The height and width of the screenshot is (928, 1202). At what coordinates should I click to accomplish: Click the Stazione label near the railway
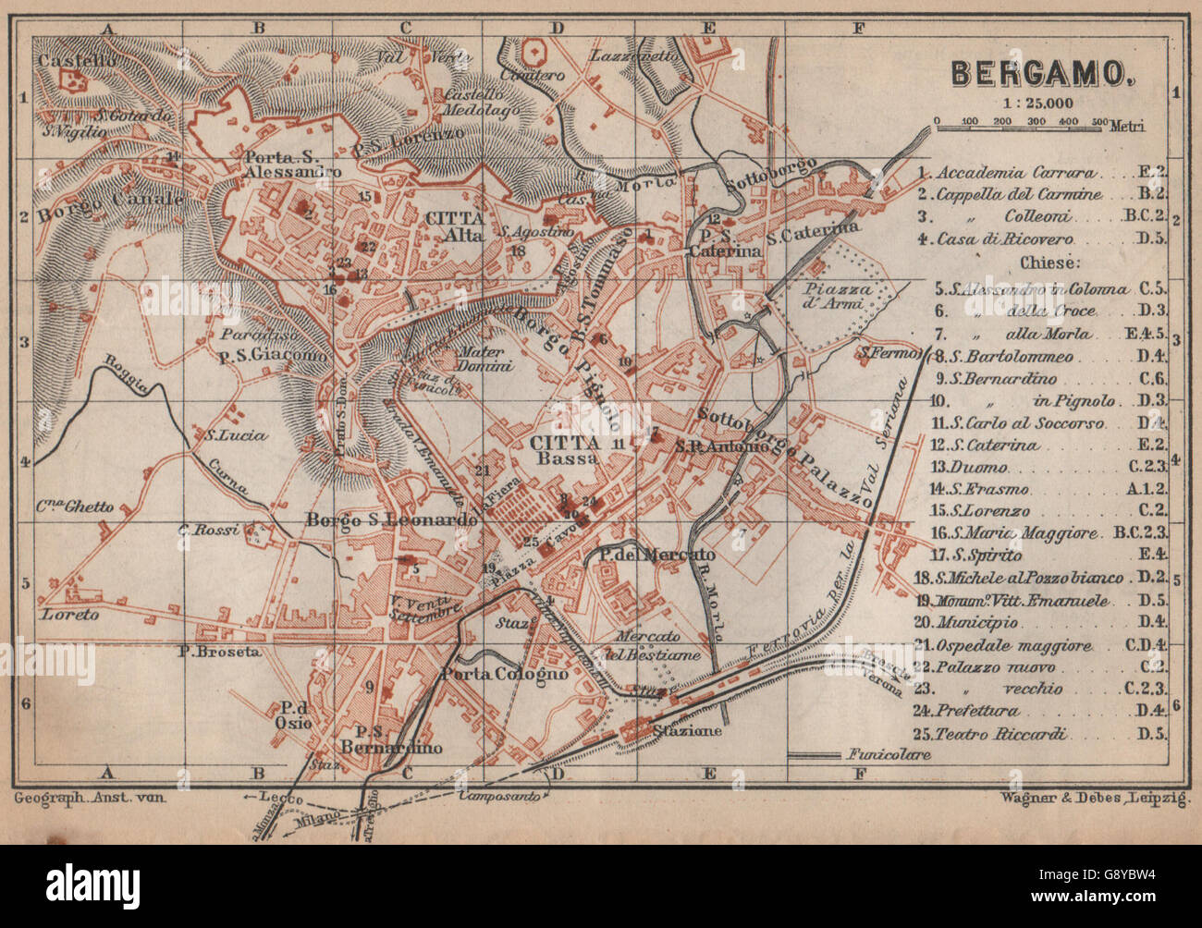tap(686, 730)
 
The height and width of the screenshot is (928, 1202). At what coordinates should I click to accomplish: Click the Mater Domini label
tap(483, 359)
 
